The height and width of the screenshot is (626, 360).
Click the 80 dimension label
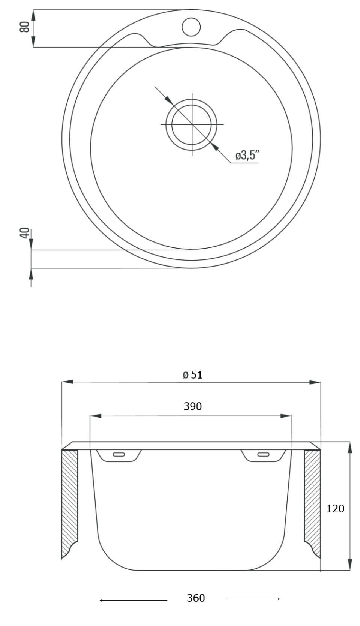coord(25,27)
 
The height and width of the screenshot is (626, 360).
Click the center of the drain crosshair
coord(192,124)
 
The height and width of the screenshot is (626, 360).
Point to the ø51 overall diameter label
coord(193,375)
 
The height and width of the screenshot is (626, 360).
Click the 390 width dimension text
coord(193,406)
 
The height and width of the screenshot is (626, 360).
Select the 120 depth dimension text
coord(335,509)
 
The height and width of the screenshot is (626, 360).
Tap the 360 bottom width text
coord(196,598)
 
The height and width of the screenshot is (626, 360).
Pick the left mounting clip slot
coord(119,455)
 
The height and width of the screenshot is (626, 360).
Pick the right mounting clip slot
coord(263,455)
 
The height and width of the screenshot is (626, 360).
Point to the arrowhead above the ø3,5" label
coord(214,147)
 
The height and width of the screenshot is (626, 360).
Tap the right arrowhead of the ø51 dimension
coord(315,382)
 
